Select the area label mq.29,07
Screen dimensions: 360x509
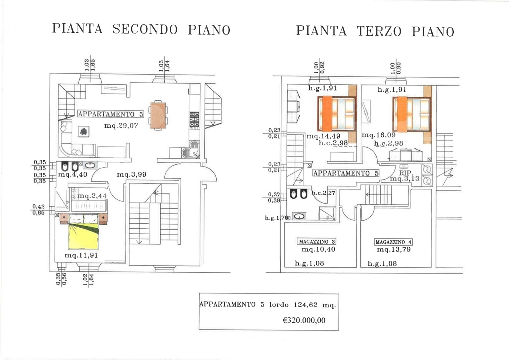121,126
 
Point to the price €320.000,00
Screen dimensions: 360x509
304,320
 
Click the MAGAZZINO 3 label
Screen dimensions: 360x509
316,241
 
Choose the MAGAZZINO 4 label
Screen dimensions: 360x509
393,242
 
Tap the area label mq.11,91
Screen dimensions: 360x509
81,255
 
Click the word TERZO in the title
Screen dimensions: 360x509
379,31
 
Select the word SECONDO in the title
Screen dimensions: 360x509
145,29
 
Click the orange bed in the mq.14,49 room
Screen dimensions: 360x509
336,113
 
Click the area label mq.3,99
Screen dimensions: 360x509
131,175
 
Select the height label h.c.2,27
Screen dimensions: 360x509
323,193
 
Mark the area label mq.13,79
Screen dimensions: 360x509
394,249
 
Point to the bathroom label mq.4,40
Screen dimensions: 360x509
73,175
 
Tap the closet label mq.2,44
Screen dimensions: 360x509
92,196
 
